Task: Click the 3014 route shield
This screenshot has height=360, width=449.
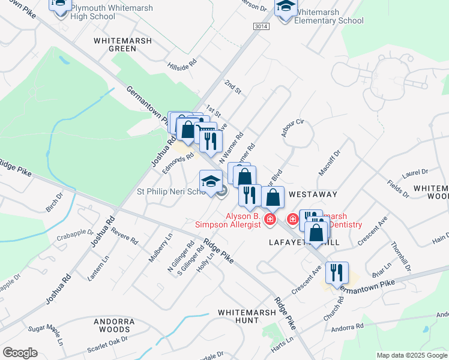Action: point(261,26)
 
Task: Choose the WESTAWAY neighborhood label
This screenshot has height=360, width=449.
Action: point(313,195)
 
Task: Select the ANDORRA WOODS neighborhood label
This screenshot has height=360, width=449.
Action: point(114,326)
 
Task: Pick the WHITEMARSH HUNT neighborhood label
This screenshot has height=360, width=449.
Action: point(238,317)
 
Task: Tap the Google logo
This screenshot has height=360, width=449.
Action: point(20,353)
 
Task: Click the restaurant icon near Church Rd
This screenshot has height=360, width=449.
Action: point(337,272)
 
